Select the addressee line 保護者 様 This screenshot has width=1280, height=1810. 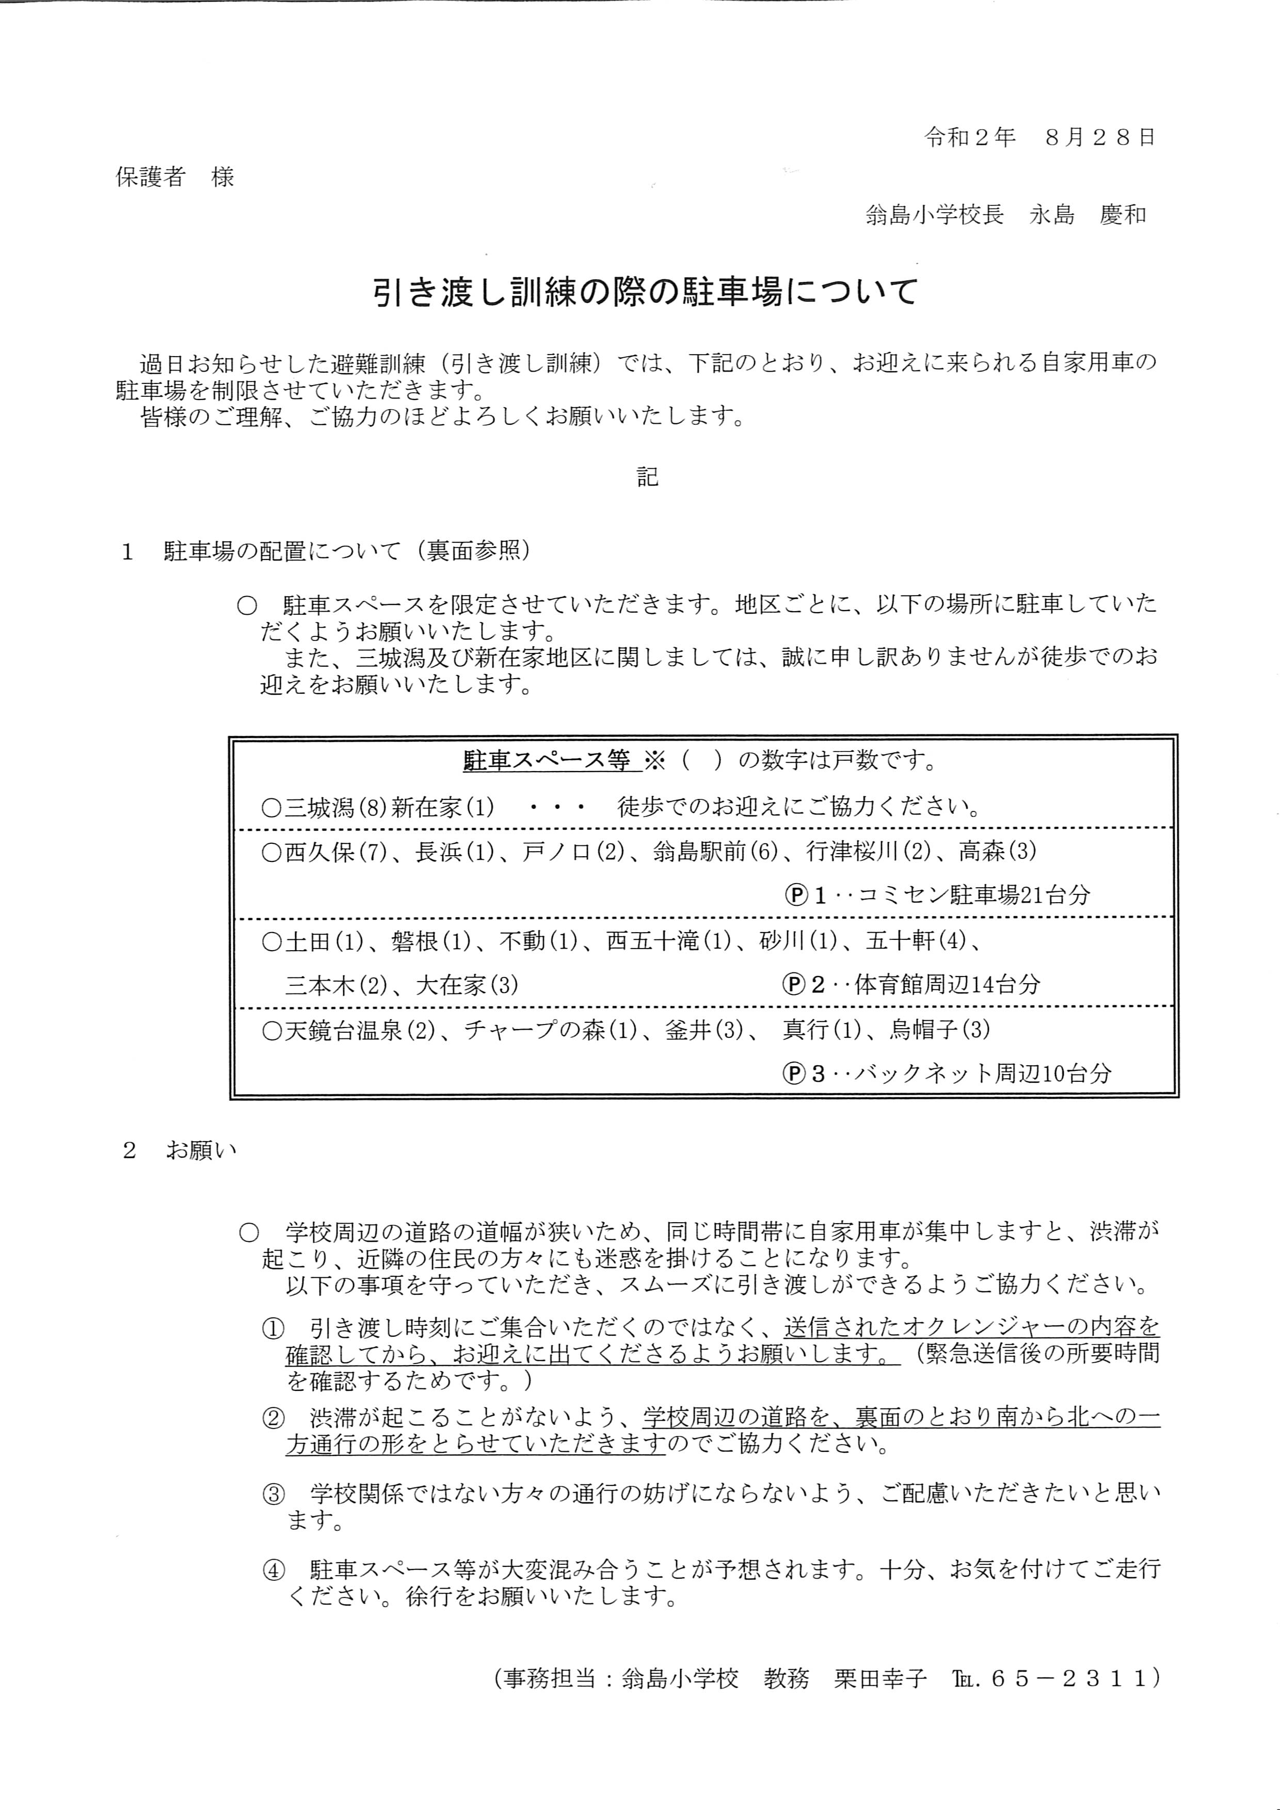point(175,177)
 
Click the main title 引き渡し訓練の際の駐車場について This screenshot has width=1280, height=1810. point(646,293)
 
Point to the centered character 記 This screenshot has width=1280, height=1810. point(647,477)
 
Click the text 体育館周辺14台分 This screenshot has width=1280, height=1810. point(947,985)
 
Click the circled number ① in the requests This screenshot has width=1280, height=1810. point(272,1329)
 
